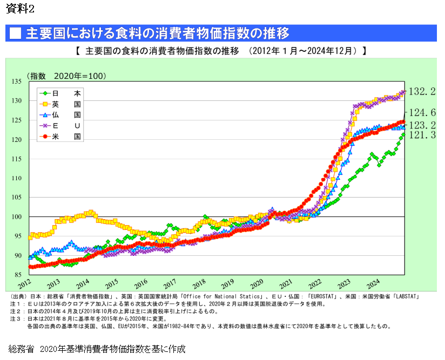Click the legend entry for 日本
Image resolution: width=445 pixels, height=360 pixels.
59,93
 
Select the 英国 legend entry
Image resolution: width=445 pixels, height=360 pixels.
59,104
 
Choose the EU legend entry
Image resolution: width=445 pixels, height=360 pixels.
59,126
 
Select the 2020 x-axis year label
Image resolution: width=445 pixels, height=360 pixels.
257,283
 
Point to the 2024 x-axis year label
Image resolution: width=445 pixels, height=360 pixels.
374,283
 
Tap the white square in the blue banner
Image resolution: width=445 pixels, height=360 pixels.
15,33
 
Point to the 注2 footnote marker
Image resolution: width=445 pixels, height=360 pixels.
14,311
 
